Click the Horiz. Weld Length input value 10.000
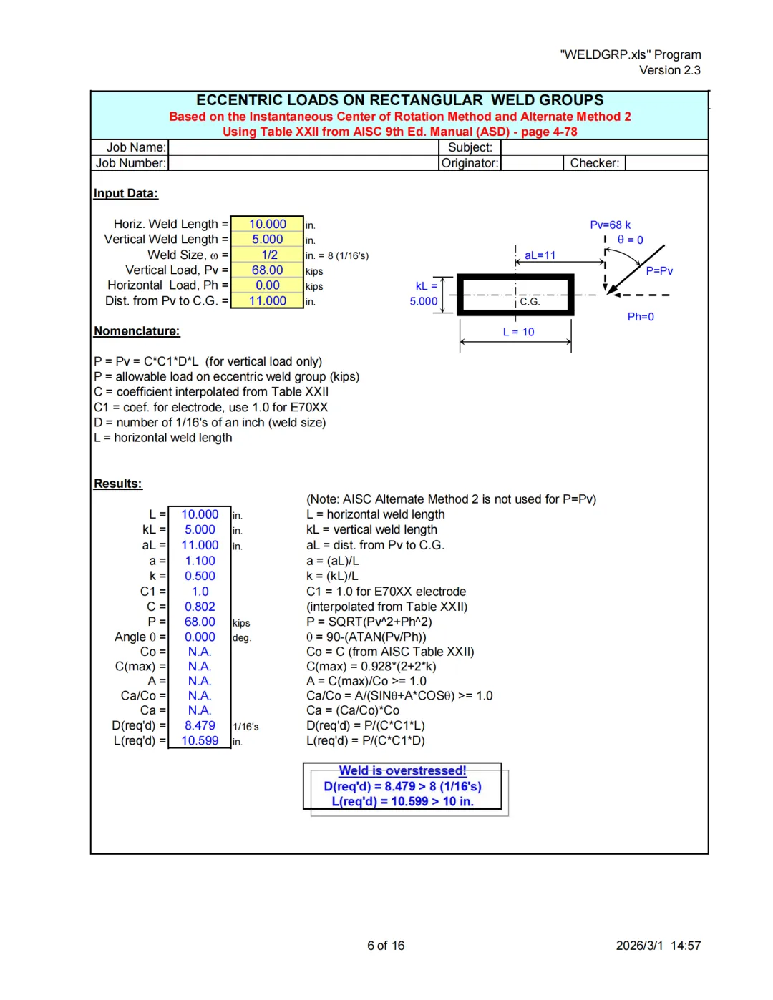click(267, 225)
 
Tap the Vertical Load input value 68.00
click(267, 270)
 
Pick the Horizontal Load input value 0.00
click(268, 285)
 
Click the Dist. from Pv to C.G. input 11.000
click(267, 301)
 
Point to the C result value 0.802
click(200, 607)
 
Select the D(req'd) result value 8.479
click(200, 725)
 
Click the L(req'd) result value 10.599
click(200, 741)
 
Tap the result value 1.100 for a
click(200, 561)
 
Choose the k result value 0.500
click(200, 576)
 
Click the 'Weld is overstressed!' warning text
click(402, 770)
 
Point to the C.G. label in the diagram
click(530, 302)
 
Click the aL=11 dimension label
click(540, 255)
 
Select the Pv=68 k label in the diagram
click(610, 225)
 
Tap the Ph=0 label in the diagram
click(641, 317)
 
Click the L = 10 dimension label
click(518, 332)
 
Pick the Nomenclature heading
click(137, 331)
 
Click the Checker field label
click(594, 163)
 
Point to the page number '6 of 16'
click(386, 946)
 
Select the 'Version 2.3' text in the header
click(669, 70)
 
